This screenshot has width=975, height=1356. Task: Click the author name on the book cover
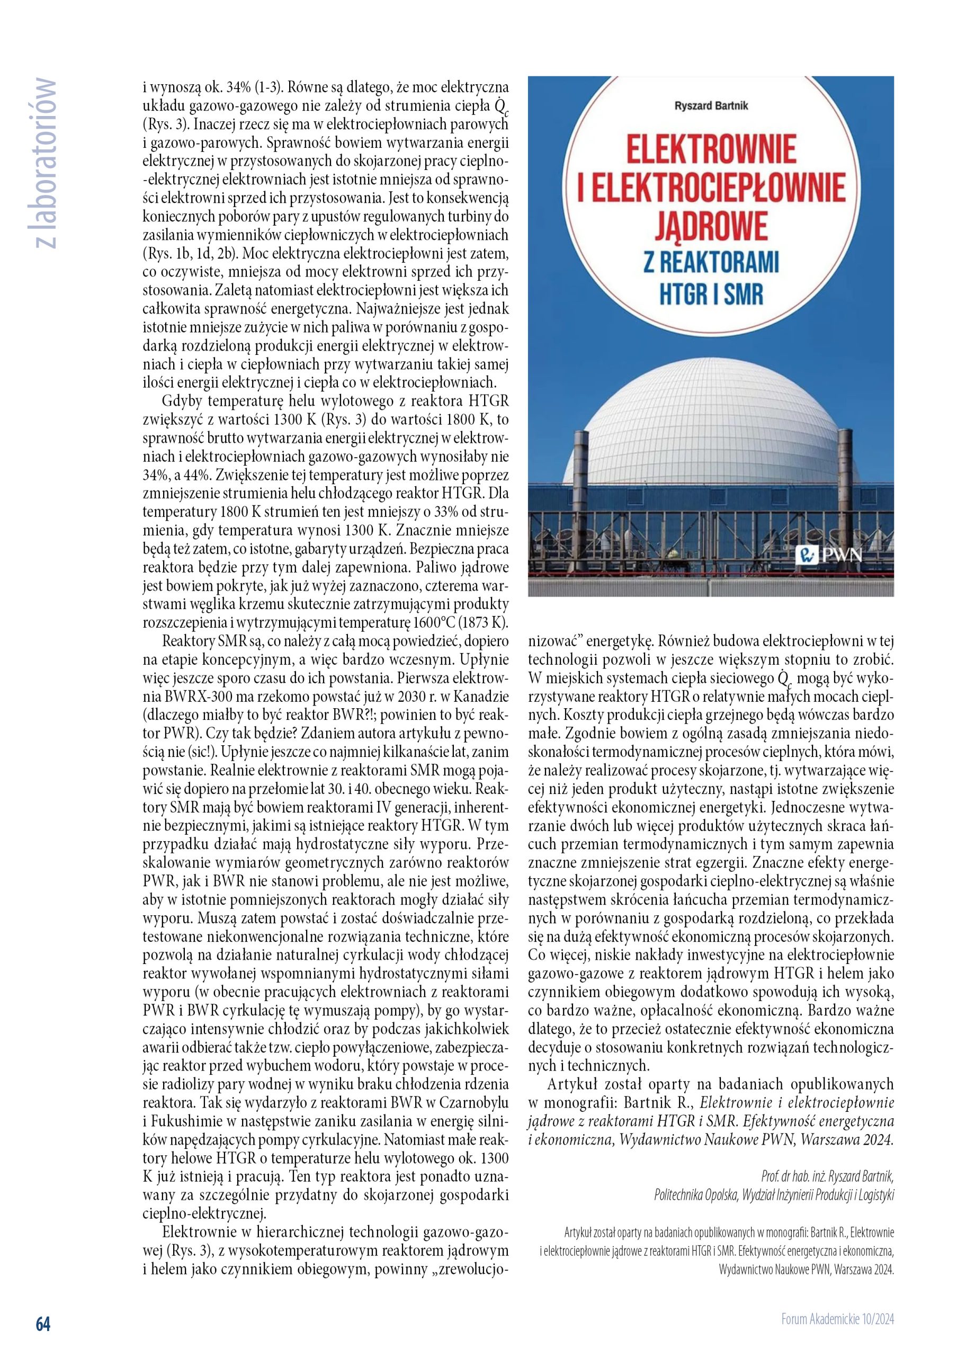click(711, 106)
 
